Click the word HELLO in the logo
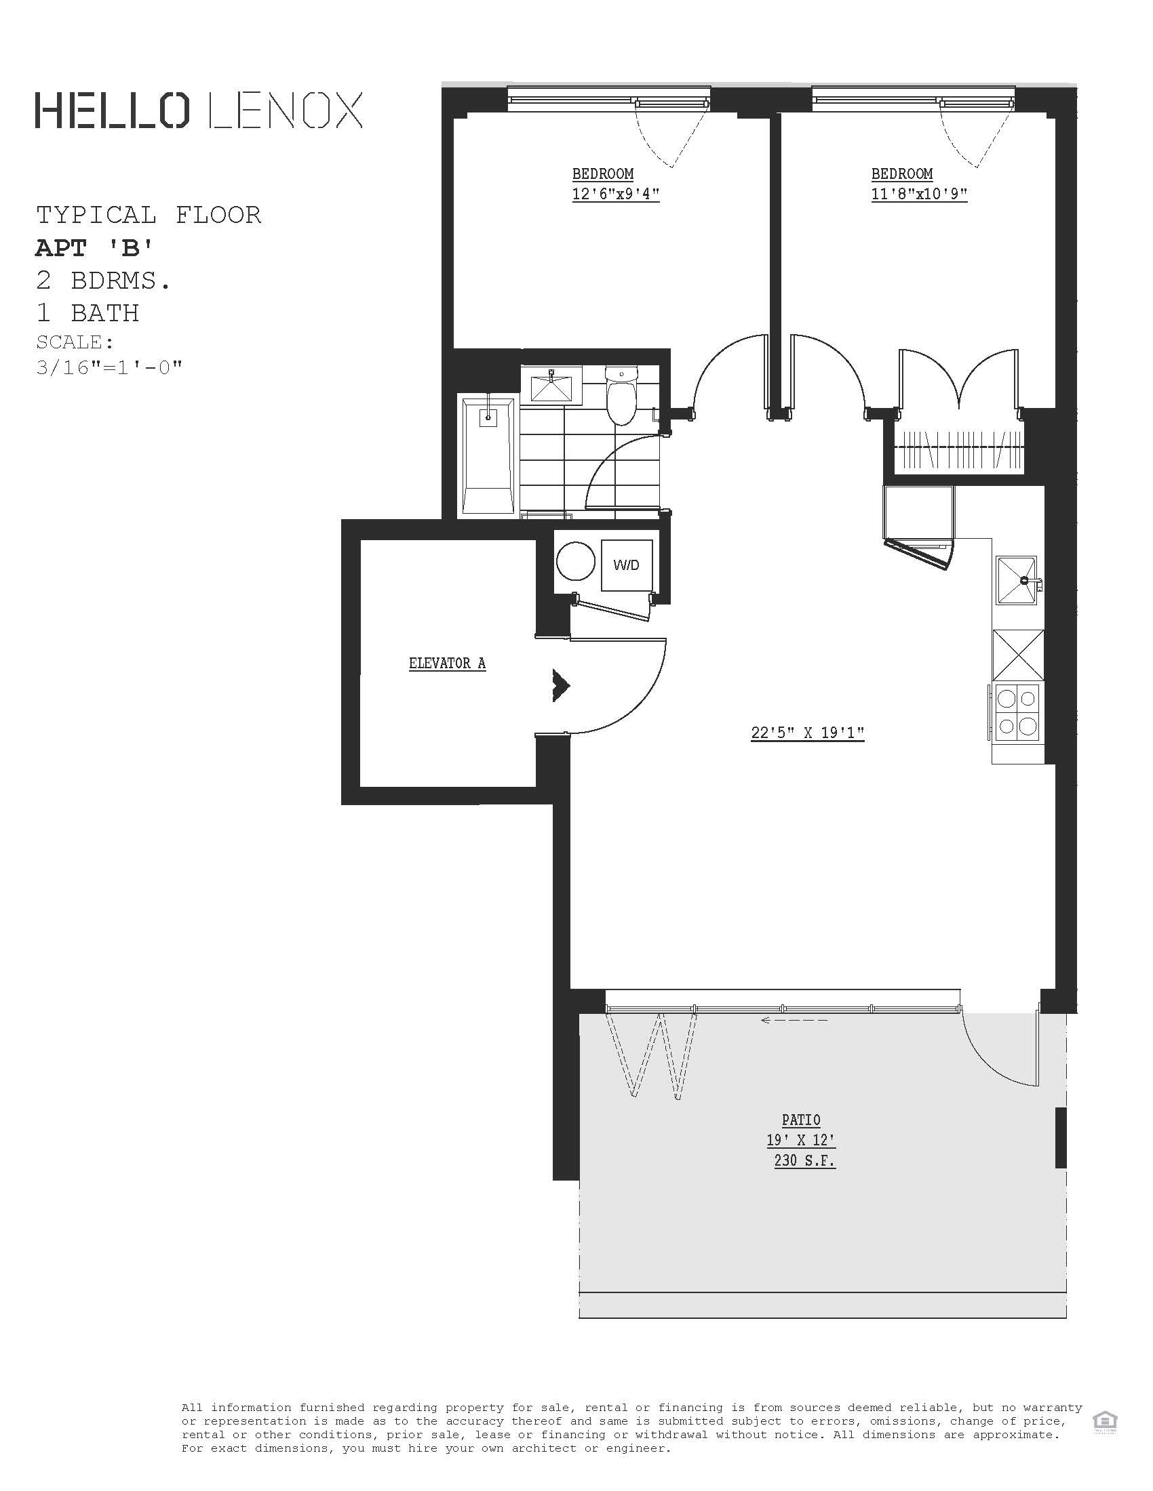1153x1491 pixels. click(112, 110)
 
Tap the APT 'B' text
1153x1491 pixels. click(94, 248)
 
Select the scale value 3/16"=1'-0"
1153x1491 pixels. click(109, 367)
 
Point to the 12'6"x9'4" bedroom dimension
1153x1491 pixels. click(615, 194)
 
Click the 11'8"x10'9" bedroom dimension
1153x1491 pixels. click(919, 194)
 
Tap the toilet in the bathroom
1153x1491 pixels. click(621, 400)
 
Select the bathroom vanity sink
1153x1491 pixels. click(551, 386)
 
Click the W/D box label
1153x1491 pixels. click(627, 565)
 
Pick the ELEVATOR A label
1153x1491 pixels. click(448, 663)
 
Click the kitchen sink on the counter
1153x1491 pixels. click(1017, 580)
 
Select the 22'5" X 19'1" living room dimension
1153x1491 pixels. click(807, 733)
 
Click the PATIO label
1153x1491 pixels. click(801, 1120)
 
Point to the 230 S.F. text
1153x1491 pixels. click(804, 1160)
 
